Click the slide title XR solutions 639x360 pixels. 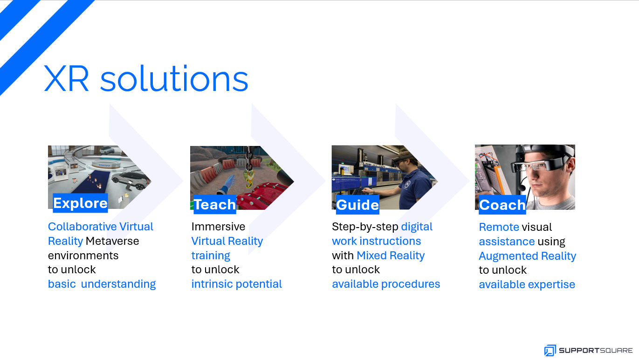[x=146, y=78]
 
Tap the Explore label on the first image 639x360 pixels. [x=80, y=203]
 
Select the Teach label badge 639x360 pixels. [x=215, y=204]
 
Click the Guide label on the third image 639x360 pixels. [x=357, y=205]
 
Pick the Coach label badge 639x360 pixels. [x=502, y=205]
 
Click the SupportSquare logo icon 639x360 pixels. [x=550, y=350]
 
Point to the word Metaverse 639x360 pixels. [x=112, y=241]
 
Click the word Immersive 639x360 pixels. [x=218, y=227]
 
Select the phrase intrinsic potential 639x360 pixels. [x=236, y=284]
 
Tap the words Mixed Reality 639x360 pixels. [x=391, y=256]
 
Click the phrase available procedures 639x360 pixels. [x=386, y=284]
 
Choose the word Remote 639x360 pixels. [x=499, y=227]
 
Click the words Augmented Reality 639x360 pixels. [x=528, y=256]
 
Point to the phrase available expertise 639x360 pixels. [x=527, y=284]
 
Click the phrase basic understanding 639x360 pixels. [x=102, y=284]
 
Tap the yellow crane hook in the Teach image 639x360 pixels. [x=249, y=178]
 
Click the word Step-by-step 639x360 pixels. [x=365, y=227]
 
